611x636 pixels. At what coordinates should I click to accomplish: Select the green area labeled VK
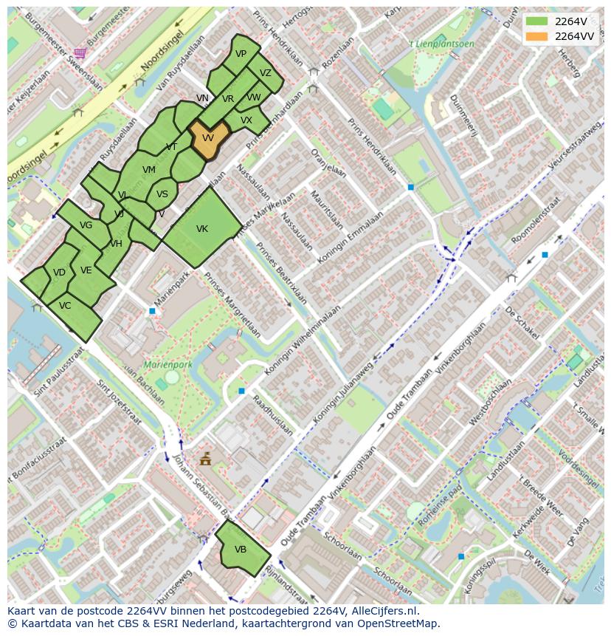click(x=201, y=229)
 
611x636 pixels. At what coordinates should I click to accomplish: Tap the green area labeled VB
click(x=241, y=550)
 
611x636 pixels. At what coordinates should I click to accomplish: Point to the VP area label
click(x=241, y=54)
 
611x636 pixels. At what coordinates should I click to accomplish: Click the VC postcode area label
click(x=65, y=306)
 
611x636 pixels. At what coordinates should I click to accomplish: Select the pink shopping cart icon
click(x=80, y=52)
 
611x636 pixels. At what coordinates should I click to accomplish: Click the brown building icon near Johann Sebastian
click(x=205, y=459)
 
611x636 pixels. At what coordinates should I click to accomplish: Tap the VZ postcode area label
click(x=266, y=73)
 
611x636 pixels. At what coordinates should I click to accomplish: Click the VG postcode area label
click(x=86, y=225)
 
